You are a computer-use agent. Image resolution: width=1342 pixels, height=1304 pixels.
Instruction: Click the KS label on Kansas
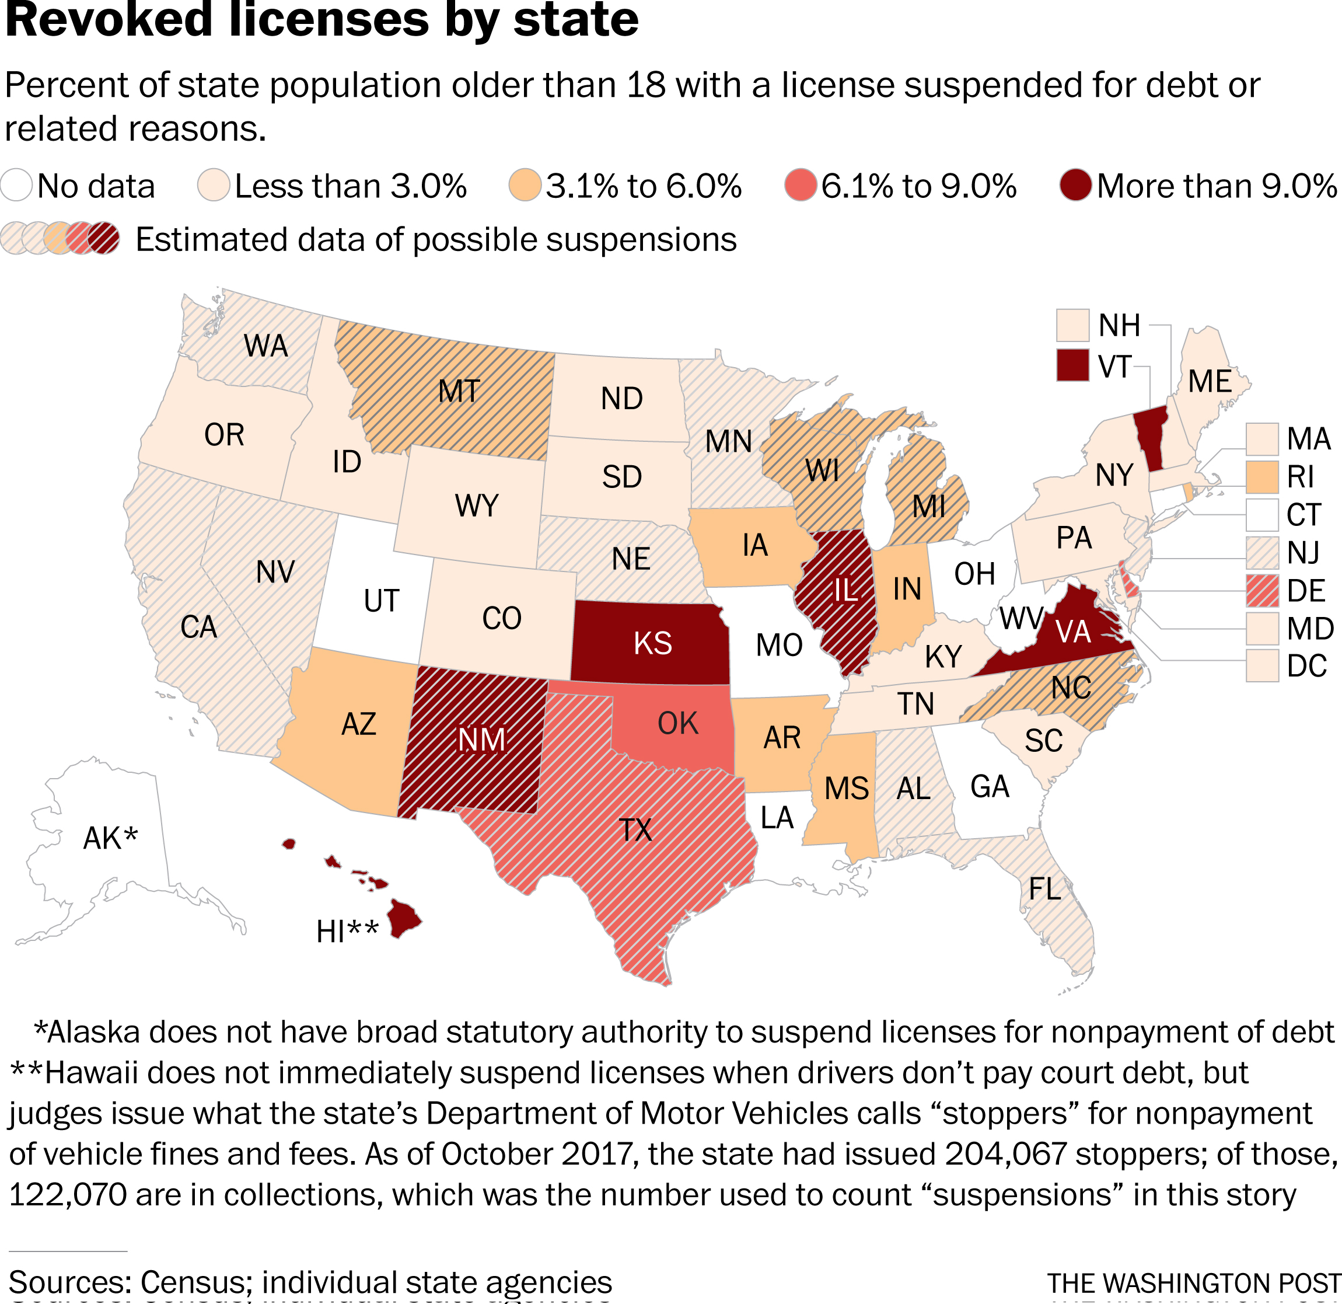click(652, 644)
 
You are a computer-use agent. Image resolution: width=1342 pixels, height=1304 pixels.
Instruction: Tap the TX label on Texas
click(635, 830)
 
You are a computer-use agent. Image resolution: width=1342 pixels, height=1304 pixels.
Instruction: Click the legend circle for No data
click(16, 186)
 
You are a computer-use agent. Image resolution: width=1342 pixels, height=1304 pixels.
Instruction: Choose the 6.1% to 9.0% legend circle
click(801, 186)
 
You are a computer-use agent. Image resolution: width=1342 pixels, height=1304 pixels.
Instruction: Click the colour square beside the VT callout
click(1072, 365)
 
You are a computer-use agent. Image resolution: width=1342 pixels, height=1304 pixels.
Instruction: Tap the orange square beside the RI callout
click(1262, 477)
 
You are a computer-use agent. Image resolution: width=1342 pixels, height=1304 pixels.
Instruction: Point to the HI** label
click(347, 932)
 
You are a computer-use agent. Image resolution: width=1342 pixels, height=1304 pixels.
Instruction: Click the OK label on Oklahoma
click(678, 724)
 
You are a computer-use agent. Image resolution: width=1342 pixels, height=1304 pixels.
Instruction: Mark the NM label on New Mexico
click(481, 740)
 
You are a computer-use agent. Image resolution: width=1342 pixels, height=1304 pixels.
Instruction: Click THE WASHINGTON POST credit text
click(1193, 1284)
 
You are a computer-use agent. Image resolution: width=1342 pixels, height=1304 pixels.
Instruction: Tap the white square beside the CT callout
click(1262, 515)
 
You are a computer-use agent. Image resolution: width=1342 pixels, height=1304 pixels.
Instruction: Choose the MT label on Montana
click(459, 392)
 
